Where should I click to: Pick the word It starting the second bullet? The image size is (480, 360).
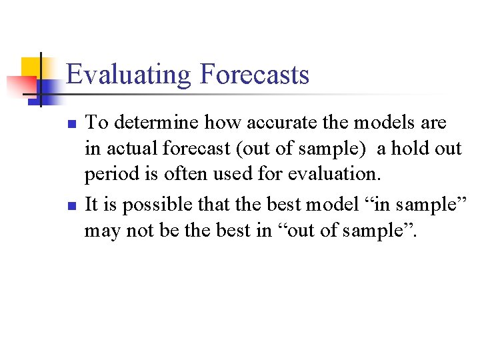coord(92,204)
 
